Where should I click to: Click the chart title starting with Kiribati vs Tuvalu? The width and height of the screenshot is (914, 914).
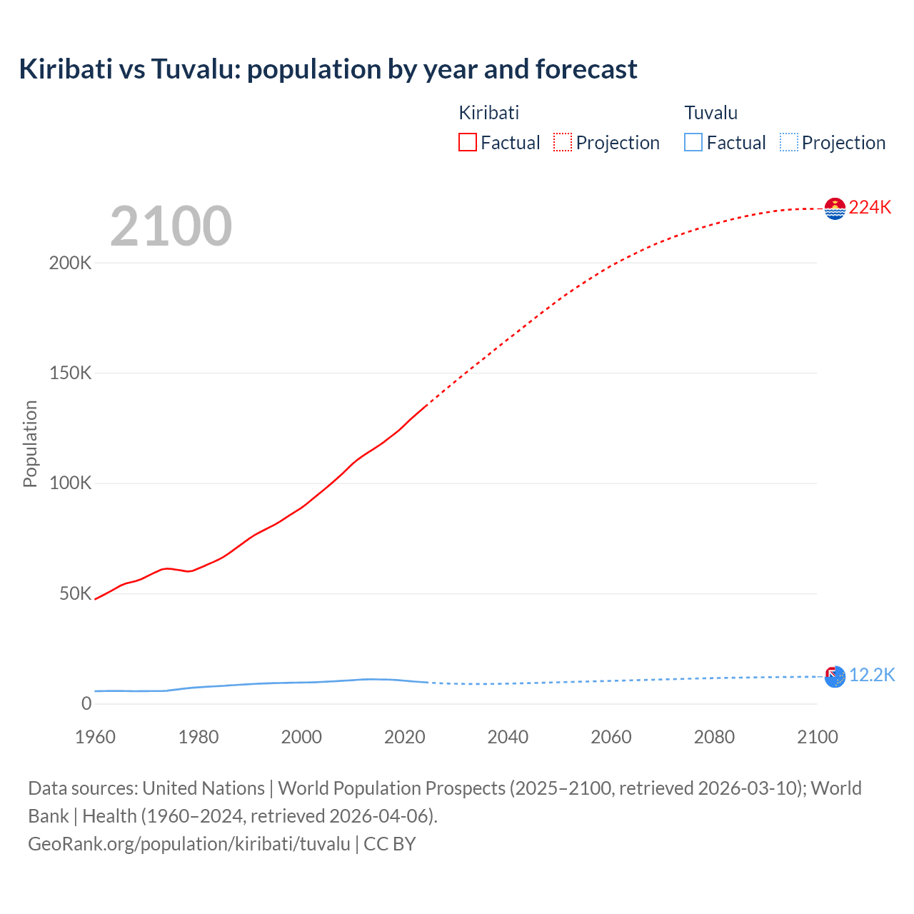click(328, 69)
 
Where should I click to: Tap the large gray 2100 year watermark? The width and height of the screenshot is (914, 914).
click(171, 226)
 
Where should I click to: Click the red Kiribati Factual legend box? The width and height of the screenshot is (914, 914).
click(468, 142)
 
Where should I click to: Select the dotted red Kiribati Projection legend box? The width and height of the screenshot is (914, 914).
click(563, 142)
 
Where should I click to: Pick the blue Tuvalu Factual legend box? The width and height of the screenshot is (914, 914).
click(693, 142)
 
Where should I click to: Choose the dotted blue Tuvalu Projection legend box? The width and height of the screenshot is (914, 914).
click(788, 142)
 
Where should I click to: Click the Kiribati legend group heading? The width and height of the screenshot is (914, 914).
click(488, 113)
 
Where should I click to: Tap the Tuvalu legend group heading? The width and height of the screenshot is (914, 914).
click(710, 113)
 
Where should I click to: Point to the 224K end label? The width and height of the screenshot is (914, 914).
click(870, 207)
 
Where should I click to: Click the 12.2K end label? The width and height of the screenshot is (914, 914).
click(871, 675)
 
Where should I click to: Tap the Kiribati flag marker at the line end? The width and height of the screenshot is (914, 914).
click(835, 209)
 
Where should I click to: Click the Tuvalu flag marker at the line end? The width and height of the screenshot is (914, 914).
click(835, 676)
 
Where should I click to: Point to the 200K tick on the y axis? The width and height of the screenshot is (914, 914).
click(71, 263)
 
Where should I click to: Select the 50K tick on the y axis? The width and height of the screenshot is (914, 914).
click(76, 593)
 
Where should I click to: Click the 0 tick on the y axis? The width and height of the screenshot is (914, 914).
click(86, 703)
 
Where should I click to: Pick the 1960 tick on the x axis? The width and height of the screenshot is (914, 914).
click(95, 737)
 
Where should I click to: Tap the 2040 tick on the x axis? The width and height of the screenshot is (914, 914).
click(508, 737)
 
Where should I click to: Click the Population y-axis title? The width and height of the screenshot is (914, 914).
click(30, 443)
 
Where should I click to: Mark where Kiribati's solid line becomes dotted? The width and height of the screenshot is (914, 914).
click(426, 406)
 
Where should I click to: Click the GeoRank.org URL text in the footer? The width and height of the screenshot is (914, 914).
click(189, 844)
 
